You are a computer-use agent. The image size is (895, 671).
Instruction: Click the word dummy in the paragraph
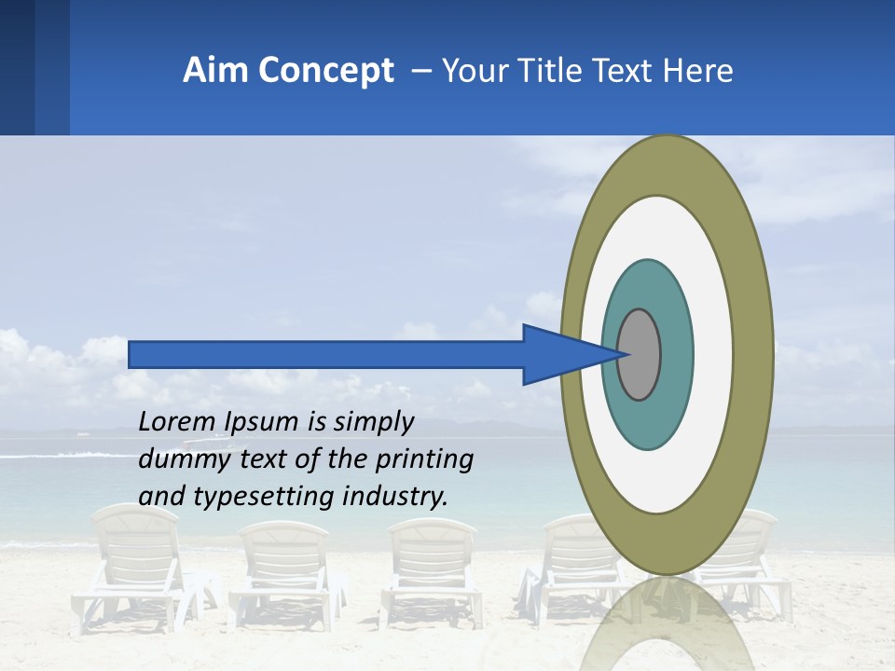[176, 459]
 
